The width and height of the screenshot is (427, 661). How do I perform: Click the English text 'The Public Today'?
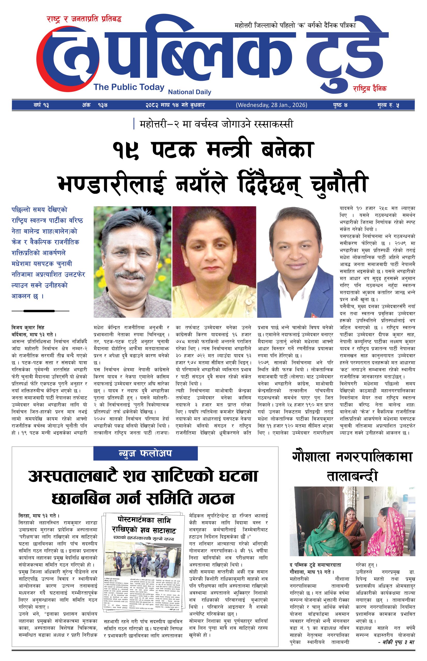129,87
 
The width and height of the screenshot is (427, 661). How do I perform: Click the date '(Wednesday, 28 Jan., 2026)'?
272,105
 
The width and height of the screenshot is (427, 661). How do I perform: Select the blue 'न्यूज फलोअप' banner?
145,453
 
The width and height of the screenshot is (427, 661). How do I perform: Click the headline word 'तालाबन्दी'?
352,476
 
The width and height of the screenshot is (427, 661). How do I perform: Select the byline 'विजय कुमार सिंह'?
28,327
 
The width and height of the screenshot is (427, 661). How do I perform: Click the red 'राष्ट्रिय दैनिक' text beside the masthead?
370,89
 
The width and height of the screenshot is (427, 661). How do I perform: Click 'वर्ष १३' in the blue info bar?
40,106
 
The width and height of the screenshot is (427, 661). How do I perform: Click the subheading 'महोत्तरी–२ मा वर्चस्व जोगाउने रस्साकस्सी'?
216,124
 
